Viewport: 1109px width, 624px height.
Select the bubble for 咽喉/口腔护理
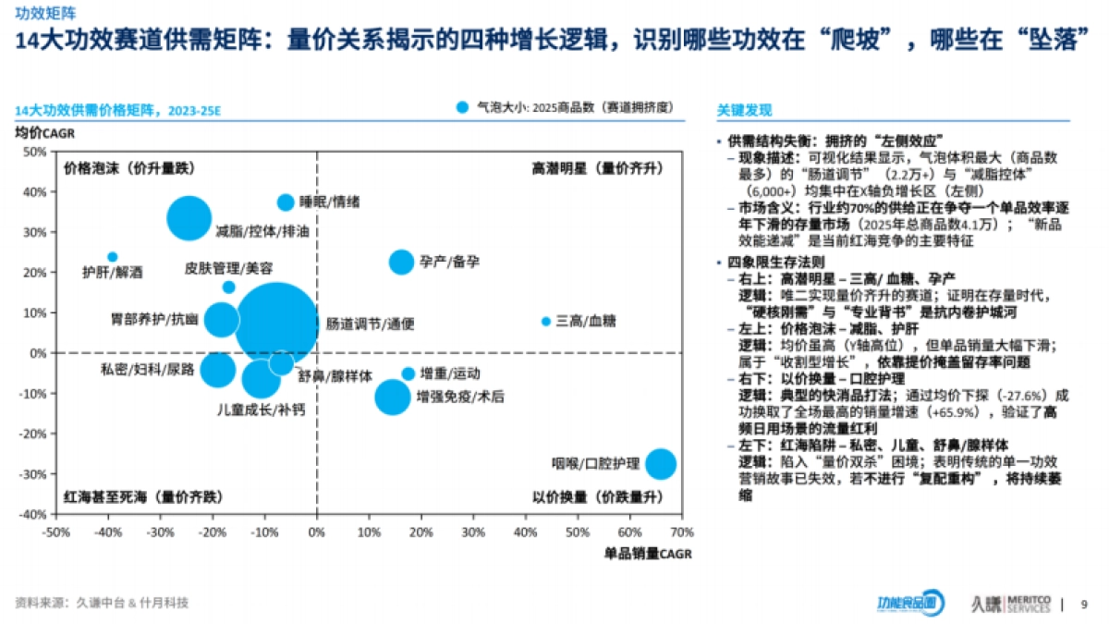pos(660,464)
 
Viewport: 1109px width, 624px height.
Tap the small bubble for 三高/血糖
pos(545,322)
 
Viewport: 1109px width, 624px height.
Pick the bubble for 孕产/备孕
pos(401,262)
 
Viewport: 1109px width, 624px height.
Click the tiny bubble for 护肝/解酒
pos(113,257)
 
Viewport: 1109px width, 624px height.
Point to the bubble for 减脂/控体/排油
pos(189,219)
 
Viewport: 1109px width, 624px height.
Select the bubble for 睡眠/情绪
pos(286,202)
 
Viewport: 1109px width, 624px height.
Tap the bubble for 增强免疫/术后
pos(393,398)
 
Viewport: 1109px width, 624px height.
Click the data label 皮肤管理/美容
pos(228,268)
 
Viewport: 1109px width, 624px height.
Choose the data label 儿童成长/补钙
pos(260,409)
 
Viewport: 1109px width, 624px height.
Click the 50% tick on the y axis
pos(34,152)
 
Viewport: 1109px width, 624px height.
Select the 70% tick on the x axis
pos(681,532)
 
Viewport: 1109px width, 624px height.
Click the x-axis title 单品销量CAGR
pos(648,553)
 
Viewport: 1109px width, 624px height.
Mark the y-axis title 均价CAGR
pos(40,132)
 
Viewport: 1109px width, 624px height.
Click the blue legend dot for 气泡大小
pos(463,107)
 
